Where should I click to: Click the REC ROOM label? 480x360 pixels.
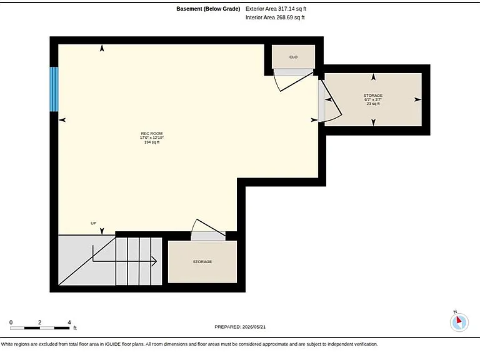(x=151, y=134)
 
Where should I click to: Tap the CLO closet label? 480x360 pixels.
(x=293, y=57)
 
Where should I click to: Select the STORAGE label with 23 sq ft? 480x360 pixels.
(x=373, y=96)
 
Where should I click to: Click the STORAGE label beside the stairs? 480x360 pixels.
(x=202, y=262)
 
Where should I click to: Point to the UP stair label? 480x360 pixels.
(x=94, y=223)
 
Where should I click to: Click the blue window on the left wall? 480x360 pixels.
(x=54, y=89)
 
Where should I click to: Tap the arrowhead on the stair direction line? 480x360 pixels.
(x=154, y=261)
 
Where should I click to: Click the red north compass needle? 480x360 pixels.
(x=459, y=320)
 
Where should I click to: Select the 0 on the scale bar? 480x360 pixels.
(x=11, y=322)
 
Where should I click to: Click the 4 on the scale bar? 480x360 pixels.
(x=69, y=322)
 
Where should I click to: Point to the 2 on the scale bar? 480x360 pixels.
(x=40, y=322)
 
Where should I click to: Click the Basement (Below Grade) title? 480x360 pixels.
(x=208, y=9)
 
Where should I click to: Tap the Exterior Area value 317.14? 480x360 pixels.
(x=285, y=9)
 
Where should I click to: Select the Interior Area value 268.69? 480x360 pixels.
(x=284, y=17)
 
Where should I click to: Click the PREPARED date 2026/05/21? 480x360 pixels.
(x=254, y=327)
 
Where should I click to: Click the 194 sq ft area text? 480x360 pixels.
(x=151, y=142)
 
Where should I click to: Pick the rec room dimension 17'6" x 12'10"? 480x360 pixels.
(x=151, y=137)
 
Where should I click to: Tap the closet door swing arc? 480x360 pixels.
(x=276, y=83)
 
